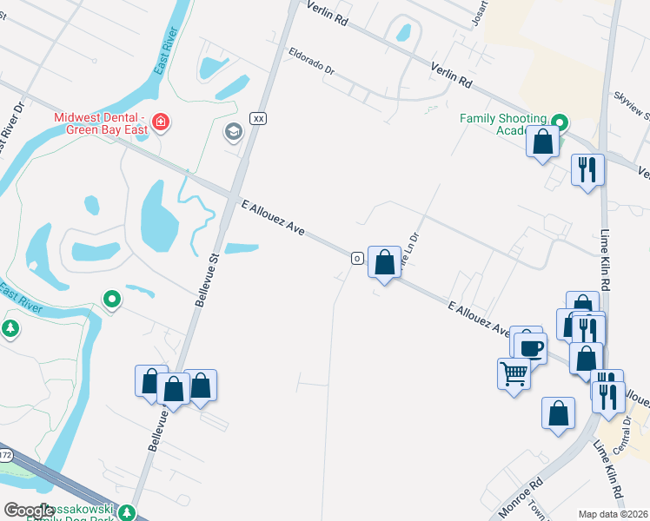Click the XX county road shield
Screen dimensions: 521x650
(x=257, y=117)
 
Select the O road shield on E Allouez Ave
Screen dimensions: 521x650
(x=356, y=258)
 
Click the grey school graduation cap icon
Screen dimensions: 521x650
(x=232, y=132)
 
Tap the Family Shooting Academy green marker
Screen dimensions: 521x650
(x=560, y=122)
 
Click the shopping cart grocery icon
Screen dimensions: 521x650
(x=514, y=373)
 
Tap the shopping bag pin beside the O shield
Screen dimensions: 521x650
(x=384, y=261)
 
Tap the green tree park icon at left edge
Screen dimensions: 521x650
(x=10, y=328)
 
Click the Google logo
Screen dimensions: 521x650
(x=30, y=511)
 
